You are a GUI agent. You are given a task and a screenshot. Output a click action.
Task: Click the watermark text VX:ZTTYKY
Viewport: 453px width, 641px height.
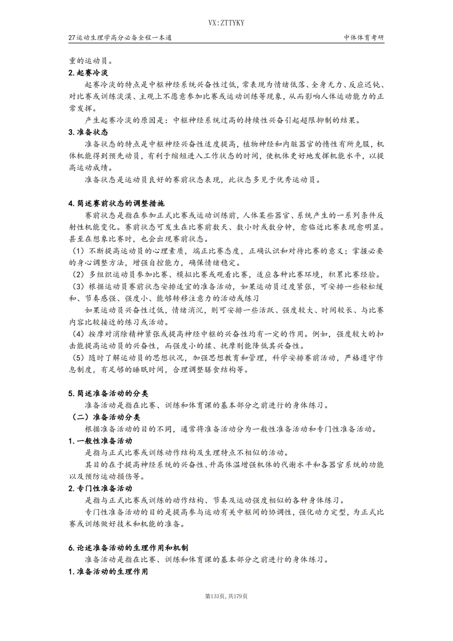coord(226,23)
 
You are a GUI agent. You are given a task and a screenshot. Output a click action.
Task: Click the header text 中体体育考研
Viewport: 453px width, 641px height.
coord(364,37)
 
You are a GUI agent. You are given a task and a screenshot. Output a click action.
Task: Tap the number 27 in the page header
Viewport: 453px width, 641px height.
coord(72,37)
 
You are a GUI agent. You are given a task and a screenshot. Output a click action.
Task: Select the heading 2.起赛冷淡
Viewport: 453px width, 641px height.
coord(88,73)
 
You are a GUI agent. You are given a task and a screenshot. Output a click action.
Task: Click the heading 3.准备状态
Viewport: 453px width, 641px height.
coord(88,132)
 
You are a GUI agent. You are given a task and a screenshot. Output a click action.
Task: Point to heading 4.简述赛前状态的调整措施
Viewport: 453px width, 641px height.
coord(116,203)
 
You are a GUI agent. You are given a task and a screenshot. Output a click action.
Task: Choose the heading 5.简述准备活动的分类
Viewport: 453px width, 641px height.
coord(108,393)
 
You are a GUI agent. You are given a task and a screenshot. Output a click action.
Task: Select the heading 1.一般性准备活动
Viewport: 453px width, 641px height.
coord(100,441)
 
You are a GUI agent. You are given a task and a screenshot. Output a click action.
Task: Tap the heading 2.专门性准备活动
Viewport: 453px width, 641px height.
coord(100,488)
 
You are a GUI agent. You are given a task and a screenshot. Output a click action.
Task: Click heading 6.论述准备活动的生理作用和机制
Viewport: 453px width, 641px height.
coord(128,547)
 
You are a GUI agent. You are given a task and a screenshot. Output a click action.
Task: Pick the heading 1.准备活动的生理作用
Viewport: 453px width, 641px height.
coord(108,571)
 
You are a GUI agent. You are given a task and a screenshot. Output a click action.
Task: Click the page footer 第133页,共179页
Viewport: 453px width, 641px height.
coord(226,596)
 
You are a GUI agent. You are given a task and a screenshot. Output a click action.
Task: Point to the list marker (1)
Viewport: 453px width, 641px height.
coord(78,251)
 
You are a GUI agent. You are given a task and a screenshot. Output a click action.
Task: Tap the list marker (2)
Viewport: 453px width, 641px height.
coord(78,275)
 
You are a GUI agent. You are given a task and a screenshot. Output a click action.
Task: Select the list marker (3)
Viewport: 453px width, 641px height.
coord(78,286)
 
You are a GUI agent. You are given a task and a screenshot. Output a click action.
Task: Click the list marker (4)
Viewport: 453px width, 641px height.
coord(78,334)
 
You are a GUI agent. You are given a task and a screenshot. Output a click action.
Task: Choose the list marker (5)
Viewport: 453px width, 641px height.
coord(78,358)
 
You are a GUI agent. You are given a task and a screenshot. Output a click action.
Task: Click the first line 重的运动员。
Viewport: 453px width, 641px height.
coord(88,60)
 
